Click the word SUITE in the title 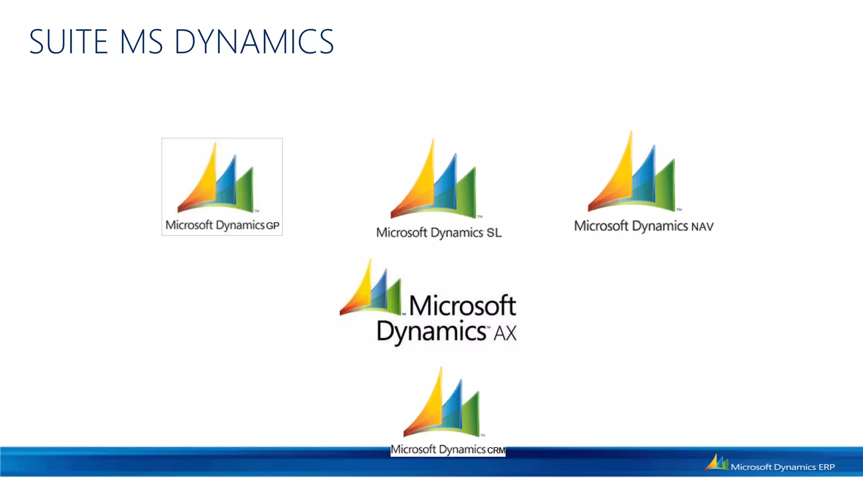click(x=69, y=42)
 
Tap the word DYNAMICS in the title click(x=254, y=42)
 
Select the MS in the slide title click(x=141, y=42)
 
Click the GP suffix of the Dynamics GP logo click(x=273, y=226)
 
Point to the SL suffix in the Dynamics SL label click(x=494, y=232)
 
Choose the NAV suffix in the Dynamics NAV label click(x=702, y=227)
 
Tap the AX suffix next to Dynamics click(x=505, y=333)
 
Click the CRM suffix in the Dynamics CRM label click(x=496, y=450)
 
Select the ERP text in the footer click(x=826, y=467)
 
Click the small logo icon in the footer click(x=716, y=462)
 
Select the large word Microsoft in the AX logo click(x=462, y=305)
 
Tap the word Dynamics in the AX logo click(x=431, y=332)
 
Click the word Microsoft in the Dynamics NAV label click(x=601, y=226)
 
